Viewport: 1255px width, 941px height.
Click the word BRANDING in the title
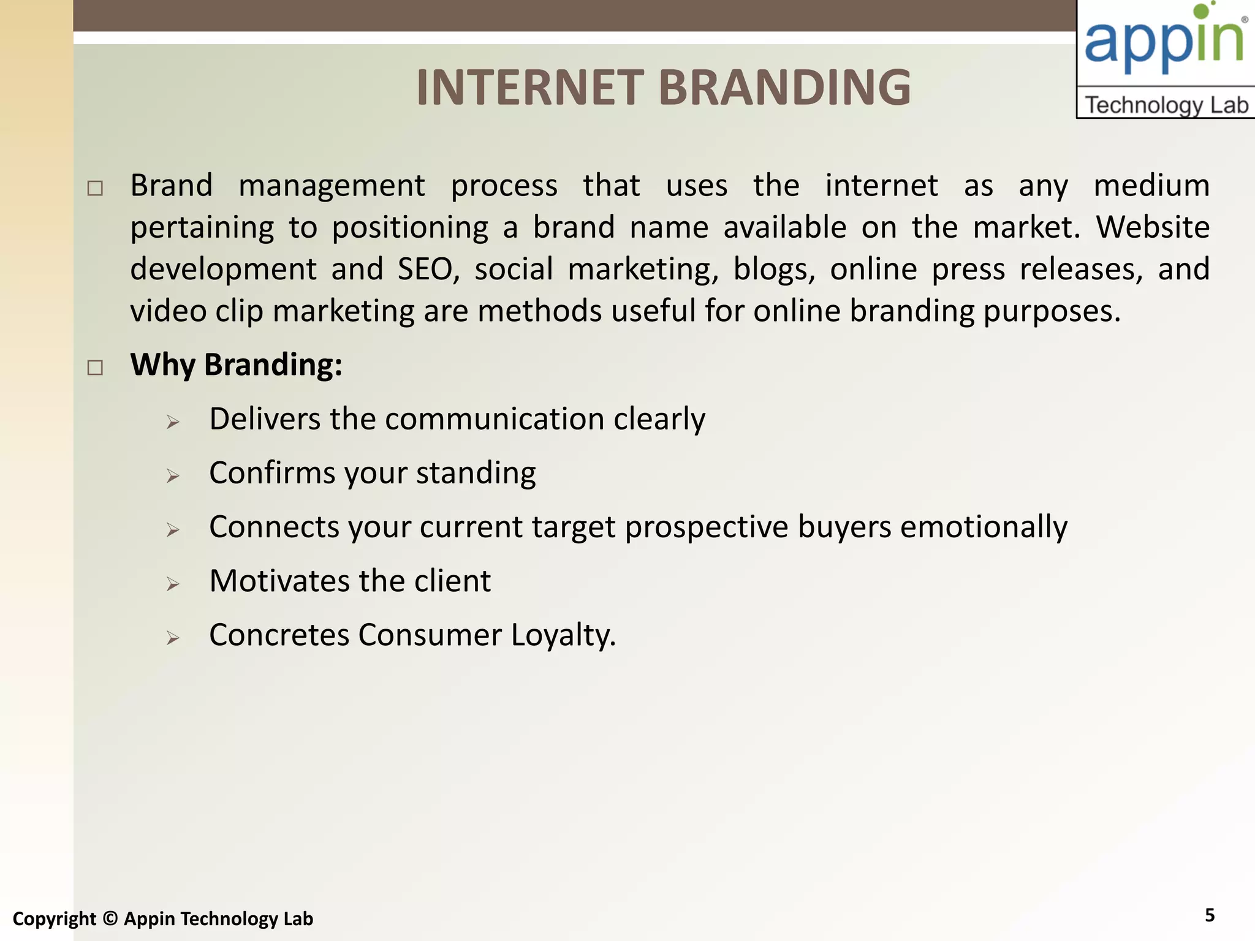point(784,88)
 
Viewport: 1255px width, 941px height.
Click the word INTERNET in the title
point(529,88)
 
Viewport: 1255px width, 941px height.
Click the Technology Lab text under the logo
point(1166,105)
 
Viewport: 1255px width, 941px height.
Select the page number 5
point(1209,915)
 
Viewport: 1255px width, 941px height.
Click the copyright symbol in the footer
point(110,918)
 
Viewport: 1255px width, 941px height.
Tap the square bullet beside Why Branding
point(95,368)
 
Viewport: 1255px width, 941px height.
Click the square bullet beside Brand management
point(95,188)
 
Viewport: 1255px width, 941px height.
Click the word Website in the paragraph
point(1153,227)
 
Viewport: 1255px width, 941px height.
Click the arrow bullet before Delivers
point(173,422)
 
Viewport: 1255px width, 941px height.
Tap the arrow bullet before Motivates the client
point(173,584)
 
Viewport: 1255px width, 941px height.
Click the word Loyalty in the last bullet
point(563,635)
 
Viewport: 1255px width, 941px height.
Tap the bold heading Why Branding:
point(236,365)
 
